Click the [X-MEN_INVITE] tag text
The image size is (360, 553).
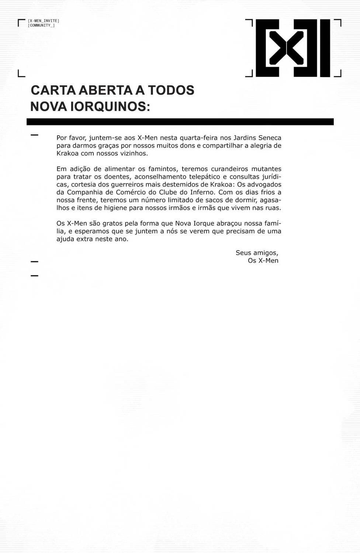44,21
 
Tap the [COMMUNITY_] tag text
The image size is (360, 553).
41,25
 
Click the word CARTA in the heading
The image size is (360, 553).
53,90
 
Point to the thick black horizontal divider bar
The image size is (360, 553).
180,122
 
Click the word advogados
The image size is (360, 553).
263,184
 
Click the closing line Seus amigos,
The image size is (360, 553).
257,253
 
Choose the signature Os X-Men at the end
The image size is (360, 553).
263,261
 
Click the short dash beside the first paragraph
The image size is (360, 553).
34,135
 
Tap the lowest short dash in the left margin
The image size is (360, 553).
34,275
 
